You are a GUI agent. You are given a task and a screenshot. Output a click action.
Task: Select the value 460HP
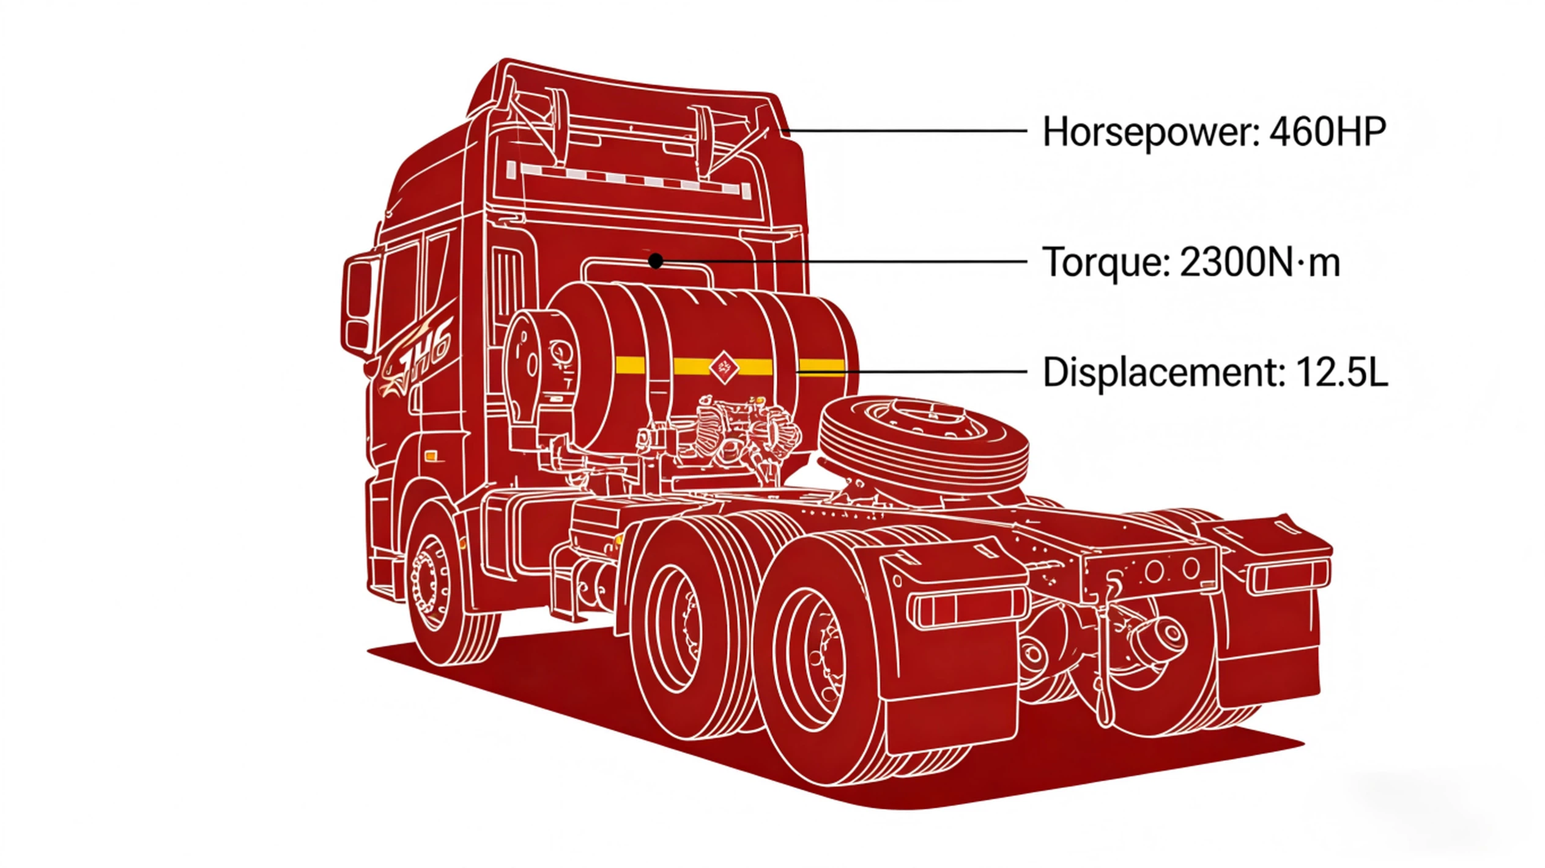pyautogui.click(x=1327, y=132)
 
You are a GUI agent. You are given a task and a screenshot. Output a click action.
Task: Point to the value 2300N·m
pyautogui.click(x=1260, y=263)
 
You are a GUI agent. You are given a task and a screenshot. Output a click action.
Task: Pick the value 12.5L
pyautogui.click(x=1342, y=372)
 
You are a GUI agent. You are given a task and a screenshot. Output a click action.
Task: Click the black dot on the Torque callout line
pyautogui.click(x=656, y=261)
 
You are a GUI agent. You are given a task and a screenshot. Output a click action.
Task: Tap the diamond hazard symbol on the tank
pyautogui.click(x=724, y=367)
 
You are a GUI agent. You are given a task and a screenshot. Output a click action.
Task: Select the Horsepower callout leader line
pyautogui.click(x=905, y=131)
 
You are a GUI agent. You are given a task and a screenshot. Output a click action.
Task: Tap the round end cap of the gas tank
pyautogui.click(x=538, y=367)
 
